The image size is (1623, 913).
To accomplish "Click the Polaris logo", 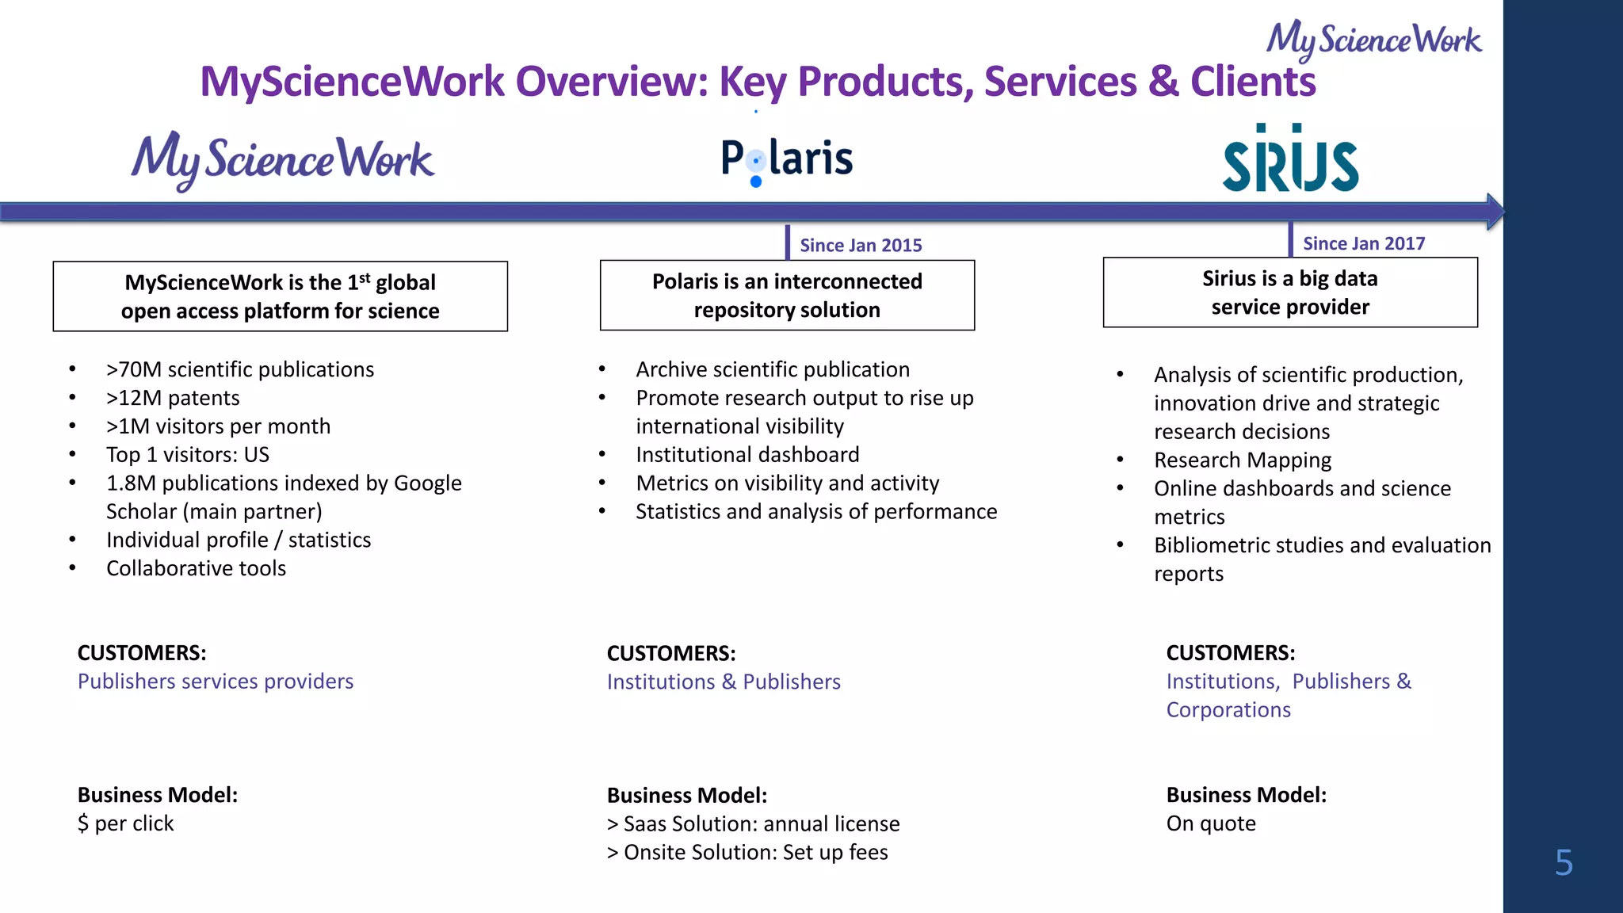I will click(786, 159).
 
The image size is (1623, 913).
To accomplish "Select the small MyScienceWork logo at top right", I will click(1373, 40).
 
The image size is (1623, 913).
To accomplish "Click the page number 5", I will click(1564, 862).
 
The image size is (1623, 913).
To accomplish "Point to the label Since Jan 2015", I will click(861, 246).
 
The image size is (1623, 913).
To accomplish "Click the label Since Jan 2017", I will click(1364, 244).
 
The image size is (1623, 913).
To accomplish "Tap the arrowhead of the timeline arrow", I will click(1495, 212).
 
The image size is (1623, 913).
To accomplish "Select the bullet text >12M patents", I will click(173, 398).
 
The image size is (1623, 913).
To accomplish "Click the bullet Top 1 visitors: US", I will click(188, 455).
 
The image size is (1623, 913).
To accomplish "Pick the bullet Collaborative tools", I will click(196, 568).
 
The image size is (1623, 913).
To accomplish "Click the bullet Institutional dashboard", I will click(747, 455).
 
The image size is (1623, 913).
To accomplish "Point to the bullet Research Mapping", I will click(1243, 460).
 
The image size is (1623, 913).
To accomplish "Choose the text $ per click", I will click(125, 823).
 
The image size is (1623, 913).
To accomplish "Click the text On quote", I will click(1211, 823).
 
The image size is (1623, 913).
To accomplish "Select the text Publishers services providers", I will click(216, 682).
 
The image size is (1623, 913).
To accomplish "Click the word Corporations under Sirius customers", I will click(1228, 710).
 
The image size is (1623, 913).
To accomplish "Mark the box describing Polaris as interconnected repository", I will click(787, 296).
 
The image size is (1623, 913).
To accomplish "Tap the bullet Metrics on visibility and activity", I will click(787, 483).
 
